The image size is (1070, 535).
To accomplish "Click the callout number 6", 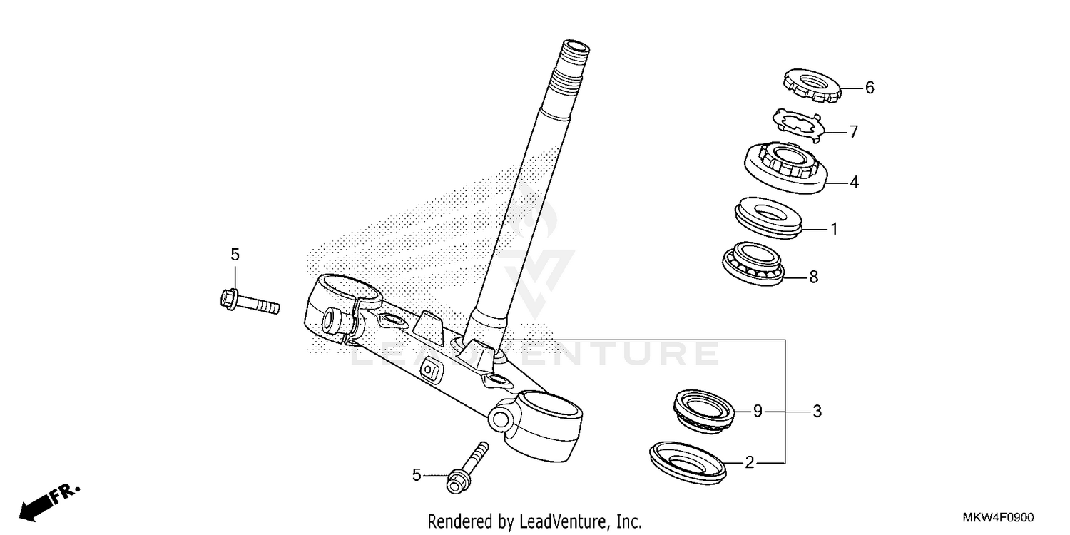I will (x=869, y=88).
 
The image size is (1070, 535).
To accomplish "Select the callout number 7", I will (x=853, y=132).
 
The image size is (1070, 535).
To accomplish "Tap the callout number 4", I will (x=853, y=183).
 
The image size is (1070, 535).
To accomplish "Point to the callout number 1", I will (x=833, y=229).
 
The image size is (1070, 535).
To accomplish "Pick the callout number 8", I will (x=813, y=277).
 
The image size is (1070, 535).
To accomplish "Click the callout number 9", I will (x=758, y=411).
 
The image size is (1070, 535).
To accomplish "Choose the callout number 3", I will (x=817, y=411).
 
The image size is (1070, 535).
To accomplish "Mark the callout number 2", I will (x=749, y=463).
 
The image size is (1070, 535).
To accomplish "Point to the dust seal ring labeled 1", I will (x=769, y=215).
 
